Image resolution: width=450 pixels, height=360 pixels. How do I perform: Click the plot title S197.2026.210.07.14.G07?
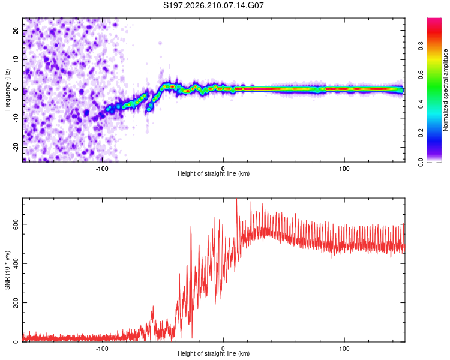point(214,5)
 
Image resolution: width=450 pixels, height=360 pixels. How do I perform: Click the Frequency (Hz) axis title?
point(7,89)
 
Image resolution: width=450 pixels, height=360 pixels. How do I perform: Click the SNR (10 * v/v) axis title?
point(7,270)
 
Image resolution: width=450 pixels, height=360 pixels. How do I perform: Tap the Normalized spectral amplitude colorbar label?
point(445,90)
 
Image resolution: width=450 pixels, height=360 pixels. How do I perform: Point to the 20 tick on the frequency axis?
point(16,30)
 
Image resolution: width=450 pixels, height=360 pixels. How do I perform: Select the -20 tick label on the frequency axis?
point(16,148)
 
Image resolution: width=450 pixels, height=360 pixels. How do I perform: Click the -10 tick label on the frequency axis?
point(16,118)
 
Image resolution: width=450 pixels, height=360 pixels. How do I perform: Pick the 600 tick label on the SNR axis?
point(16,224)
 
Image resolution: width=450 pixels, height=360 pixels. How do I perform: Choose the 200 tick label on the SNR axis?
point(16,302)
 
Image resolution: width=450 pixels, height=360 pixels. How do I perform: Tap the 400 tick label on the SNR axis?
point(16,263)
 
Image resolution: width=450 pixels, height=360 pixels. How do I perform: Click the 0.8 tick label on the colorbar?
point(421,46)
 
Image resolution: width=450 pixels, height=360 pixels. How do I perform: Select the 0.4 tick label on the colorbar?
point(421,104)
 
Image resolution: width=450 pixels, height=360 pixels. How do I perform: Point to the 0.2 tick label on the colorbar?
point(421,133)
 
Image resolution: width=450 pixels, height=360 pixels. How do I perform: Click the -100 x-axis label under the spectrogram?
point(101,169)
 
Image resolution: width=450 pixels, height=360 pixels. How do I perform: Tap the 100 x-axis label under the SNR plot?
point(344,349)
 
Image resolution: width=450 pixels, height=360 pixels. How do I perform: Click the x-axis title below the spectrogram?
point(214,173)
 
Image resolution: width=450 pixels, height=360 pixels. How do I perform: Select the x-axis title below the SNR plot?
point(214,353)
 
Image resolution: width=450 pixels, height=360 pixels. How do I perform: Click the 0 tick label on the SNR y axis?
point(16,341)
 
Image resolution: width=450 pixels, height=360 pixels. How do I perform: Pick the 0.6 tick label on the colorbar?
point(421,75)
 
